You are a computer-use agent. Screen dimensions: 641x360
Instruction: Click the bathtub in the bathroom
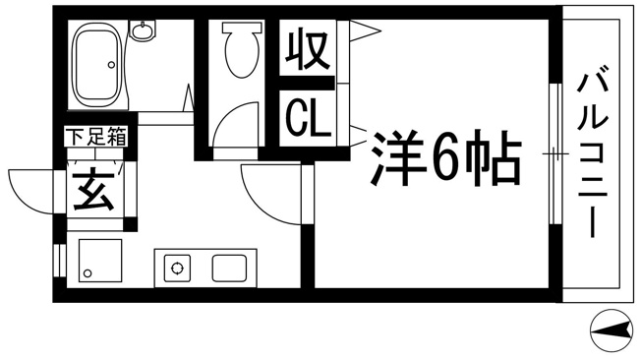point(97,65)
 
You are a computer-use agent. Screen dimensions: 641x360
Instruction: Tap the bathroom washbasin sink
point(143,31)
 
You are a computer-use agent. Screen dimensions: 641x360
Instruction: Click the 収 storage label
point(308,48)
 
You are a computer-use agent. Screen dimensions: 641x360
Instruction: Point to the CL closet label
point(308,119)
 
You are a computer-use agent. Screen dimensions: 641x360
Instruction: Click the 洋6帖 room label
point(446,157)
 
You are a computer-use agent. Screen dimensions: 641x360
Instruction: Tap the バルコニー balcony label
point(593,154)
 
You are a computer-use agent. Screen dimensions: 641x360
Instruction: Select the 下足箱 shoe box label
point(96,137)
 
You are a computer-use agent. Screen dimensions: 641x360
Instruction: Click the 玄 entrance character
point(93,191)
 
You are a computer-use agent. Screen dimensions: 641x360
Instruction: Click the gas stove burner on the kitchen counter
point(177,269)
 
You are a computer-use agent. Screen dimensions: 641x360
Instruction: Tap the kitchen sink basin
point(229,269)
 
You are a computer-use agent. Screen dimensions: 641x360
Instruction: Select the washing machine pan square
point(100,261)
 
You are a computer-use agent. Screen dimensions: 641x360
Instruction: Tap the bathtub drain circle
point(111,65)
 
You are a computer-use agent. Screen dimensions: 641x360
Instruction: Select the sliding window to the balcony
point(555,153)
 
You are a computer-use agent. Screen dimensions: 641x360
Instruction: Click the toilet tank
point(242,27)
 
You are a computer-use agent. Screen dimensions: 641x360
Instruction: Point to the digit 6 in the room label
point(444,158)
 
